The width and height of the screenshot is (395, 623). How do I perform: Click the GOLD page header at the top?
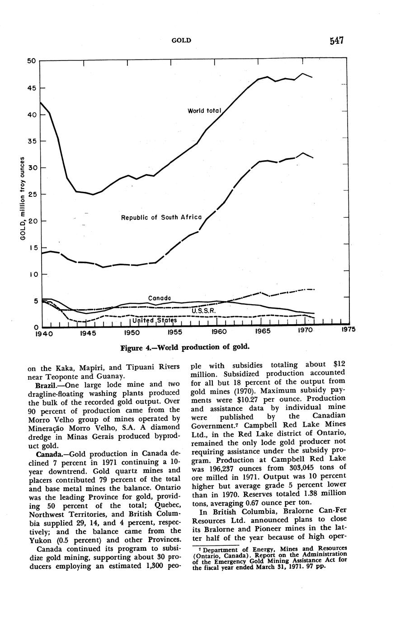[x=181, y=41]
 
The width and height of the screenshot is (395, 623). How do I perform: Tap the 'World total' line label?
[x=204, y=111]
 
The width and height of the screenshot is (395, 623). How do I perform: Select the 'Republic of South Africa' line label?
[x=161, y=217]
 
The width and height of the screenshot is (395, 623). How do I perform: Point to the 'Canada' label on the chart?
[x=160, y=298]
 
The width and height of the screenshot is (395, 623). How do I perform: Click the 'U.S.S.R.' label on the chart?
[x=203, y=311]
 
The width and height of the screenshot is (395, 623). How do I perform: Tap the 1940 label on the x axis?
[x=44, y=334]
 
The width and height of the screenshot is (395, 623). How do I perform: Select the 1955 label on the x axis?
[x=175, y=332]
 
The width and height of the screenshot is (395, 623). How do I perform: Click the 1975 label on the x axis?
[x=348, y=330]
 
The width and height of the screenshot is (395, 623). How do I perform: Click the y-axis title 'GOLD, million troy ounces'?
[x=23, y=199]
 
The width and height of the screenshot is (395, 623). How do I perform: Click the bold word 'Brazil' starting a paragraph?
[x=45, y=384]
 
